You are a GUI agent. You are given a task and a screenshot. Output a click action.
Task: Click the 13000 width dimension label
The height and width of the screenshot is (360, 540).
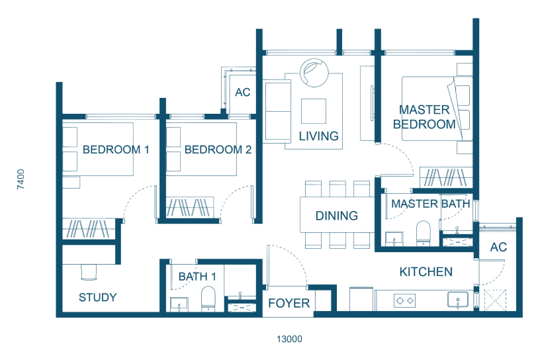289,339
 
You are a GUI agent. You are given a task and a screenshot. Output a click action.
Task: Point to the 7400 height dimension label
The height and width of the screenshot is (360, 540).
21,179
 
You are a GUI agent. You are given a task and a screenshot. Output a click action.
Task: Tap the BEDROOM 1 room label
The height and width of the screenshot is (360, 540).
116,150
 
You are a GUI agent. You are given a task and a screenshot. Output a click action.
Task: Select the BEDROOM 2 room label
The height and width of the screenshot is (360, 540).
218,150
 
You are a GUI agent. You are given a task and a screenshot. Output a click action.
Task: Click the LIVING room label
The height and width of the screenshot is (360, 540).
318,136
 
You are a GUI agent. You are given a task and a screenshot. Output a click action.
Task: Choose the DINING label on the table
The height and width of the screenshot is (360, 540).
337,216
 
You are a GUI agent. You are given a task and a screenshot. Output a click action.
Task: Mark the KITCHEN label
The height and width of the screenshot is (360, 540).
426,272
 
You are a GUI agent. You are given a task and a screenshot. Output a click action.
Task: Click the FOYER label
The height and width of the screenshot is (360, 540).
289,303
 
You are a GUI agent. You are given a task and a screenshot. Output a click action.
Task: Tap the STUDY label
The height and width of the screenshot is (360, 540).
98,297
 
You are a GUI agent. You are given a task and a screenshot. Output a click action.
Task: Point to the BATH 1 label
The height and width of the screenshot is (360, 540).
197,277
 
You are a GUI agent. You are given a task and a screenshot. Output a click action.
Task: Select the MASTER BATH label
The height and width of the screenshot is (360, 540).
431,204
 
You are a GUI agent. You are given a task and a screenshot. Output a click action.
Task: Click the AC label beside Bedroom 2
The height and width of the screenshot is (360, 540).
242,93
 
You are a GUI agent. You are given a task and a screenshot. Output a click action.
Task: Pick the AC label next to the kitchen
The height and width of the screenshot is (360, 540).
498,247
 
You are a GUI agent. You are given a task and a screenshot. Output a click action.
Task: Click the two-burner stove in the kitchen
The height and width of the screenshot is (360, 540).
404,300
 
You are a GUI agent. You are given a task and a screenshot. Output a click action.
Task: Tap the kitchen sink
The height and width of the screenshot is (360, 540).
458,300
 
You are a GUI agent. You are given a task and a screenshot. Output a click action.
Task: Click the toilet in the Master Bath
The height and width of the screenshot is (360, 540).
424,233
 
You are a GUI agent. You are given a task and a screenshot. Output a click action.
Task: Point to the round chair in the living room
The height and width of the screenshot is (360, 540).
314,72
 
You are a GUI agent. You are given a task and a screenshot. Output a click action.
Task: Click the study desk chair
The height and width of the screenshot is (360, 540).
89,272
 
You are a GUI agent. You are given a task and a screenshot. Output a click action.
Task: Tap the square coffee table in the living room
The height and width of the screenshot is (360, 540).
314,111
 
